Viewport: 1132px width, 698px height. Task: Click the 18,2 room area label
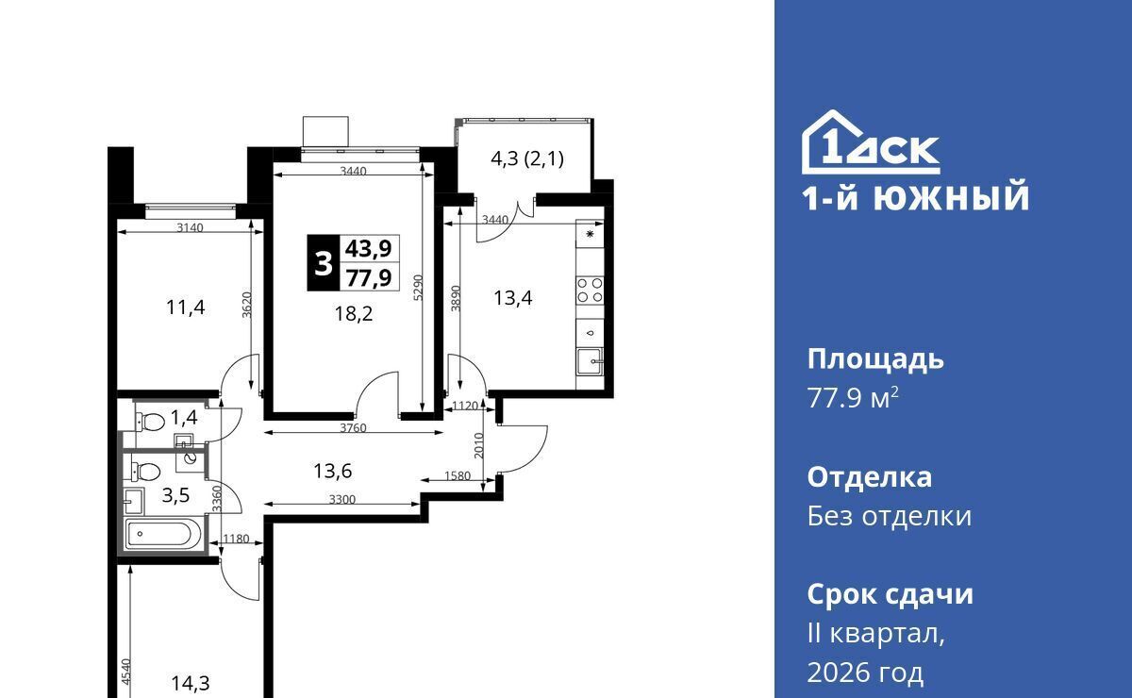tap(354, 314)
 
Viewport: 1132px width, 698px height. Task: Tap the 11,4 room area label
tap(186, 307)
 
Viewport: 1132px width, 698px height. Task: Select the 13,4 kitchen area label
tap(513, 298)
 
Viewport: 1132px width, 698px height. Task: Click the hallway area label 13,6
tap(332, 471)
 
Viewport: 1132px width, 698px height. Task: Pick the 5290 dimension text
tap(418, 288)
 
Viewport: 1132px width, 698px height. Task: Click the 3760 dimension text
tap(353, 427)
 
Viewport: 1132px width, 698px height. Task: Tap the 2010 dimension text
tap(479, 445)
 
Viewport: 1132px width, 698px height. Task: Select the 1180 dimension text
tap(236, 539)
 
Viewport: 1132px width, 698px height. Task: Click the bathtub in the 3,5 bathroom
tap(164, 534)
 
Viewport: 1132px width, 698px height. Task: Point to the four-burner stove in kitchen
tap(590, 290)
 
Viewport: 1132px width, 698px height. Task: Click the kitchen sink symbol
tap(590, 361)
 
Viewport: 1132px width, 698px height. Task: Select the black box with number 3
tap(324, 263)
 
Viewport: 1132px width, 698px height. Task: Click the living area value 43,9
tap(369, 249)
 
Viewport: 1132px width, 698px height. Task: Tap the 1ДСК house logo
tap(871, 142)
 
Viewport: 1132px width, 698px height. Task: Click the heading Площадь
tap(875, 360)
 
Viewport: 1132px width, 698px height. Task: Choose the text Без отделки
tap(889, 517)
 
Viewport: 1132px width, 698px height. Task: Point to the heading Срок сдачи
tap(890, 594)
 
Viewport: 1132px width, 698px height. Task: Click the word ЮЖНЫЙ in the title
tap(951, 197)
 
